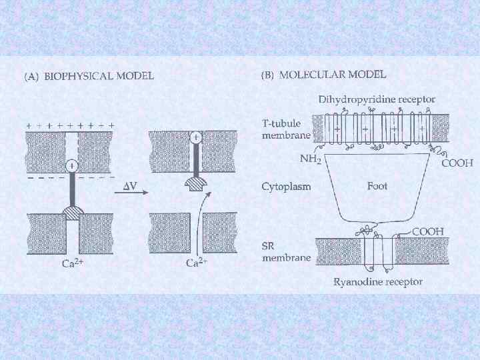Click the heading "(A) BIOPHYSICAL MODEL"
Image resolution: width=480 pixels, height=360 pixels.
pyautogui.click(x=89, y=75)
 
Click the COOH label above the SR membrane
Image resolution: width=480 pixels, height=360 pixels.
pyautogui.click(x=428, y=231)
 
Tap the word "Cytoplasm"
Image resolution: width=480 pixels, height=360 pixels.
pyautogui.click(x=286, y=187)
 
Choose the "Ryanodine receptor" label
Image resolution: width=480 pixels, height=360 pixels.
pyautogui.click(x=378, y=281)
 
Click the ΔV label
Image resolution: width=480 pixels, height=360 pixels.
pyautogui.click(x=130, y=186)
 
